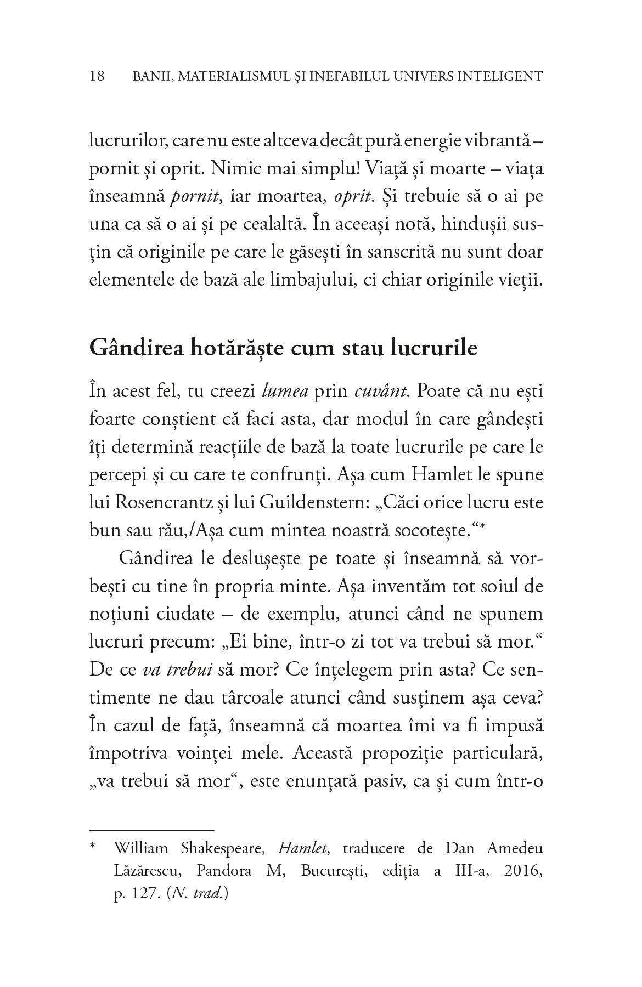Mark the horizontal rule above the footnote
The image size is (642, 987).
151,830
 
